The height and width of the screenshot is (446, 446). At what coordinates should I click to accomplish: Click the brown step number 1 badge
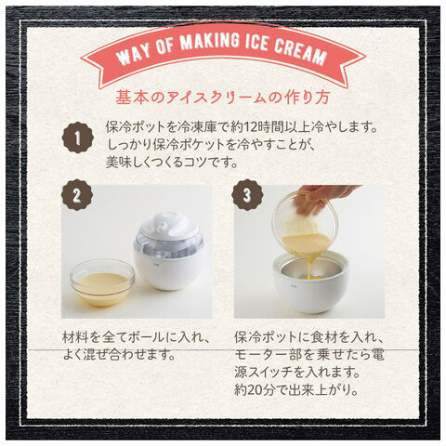coord(77,138)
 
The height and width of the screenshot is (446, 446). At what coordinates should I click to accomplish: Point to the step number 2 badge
coord(77,195)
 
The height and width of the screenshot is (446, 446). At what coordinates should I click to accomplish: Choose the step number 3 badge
coord(247,195)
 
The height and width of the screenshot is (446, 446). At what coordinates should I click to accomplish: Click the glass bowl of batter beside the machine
coord(102,282)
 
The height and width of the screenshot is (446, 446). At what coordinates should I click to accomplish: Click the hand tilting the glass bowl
coord(322,199)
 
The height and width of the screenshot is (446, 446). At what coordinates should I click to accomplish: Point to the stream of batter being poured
coord(312,262)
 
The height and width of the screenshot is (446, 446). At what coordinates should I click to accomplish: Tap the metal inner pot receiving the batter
coord(311,269)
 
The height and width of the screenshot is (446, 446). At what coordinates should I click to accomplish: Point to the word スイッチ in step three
coord(269,372)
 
